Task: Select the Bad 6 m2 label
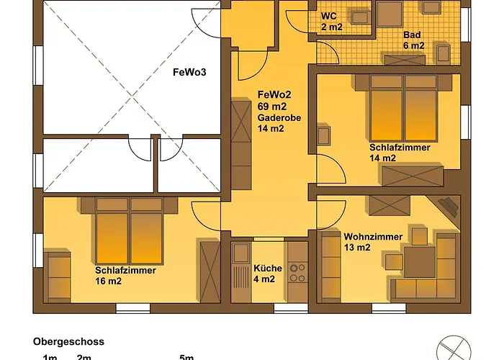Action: pos(413,40)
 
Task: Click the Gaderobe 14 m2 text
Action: pos(274,124)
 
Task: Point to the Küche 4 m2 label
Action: pos(264,274)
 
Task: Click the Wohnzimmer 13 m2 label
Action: pos(367,242)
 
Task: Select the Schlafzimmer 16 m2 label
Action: pos(119,276)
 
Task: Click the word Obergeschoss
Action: pos(68,342)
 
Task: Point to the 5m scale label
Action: pos(187,357)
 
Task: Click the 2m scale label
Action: pos(84,357)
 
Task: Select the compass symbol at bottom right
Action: pos(451,348)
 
